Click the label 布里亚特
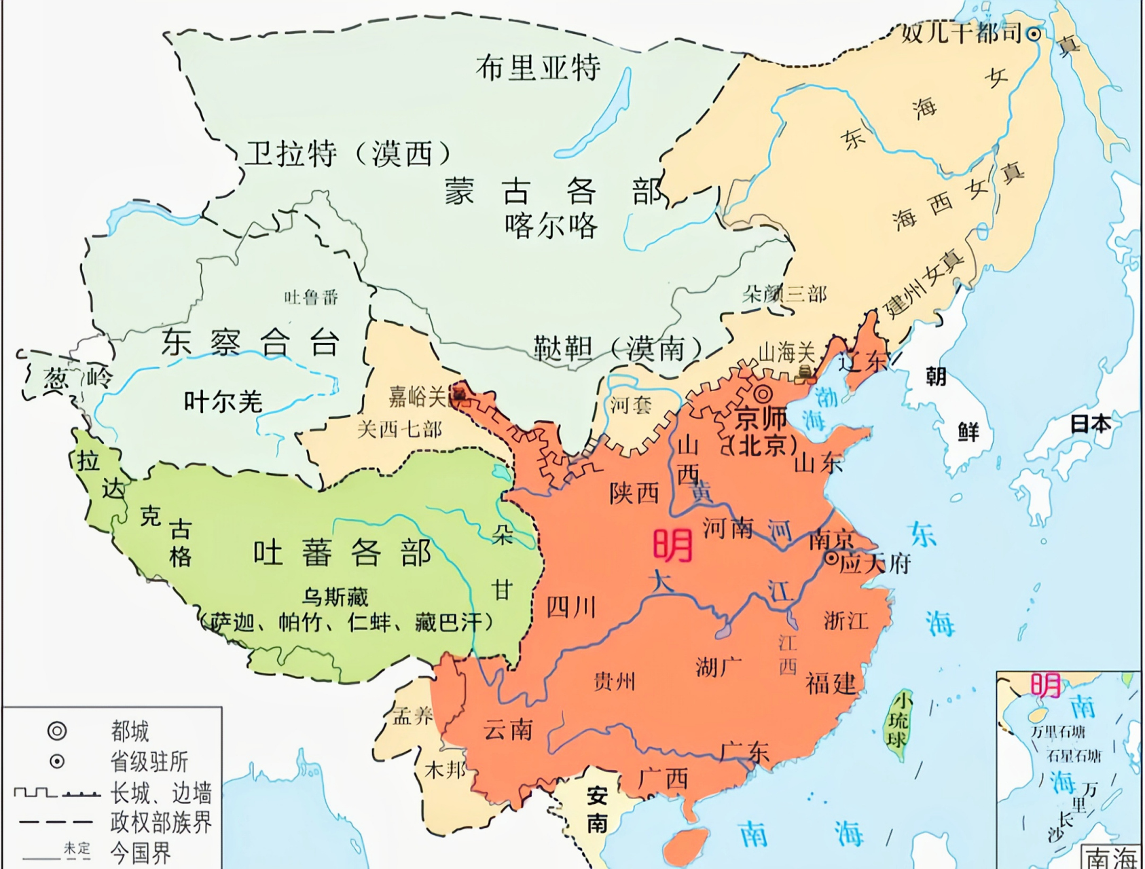coord(538,68)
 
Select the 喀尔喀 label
coord(551,227)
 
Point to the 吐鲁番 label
coord(311,297)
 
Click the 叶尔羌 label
coord(223,402)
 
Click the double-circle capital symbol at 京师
coord(763,393)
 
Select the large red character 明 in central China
coord(672,545)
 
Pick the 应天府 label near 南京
coord(876,563)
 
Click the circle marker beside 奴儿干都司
coord(1033,33)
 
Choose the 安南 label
coord(597,809)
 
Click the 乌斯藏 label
coord(335,597)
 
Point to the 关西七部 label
coord(399,429)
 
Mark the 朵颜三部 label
coord(784,294)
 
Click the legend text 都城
coord(130,731)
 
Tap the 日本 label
coord(1090,424)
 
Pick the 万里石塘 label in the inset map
coord(1057,732)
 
